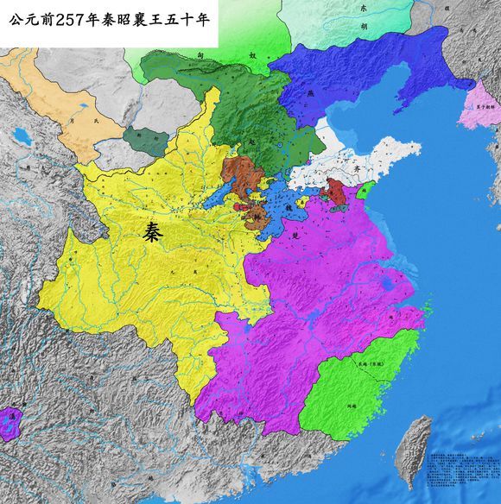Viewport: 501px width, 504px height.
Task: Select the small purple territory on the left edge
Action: [x=9, y=424]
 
